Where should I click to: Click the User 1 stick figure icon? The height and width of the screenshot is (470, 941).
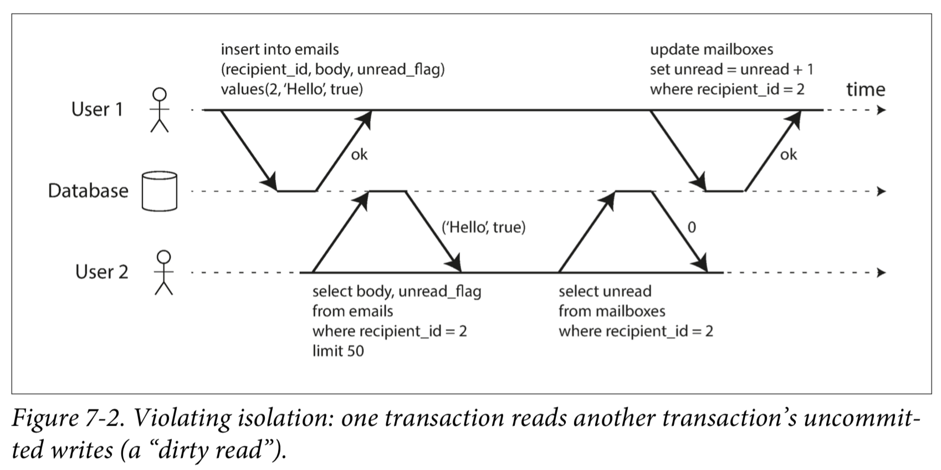click(160, 110)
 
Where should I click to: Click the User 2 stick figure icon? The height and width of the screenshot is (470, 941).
click(164, 273)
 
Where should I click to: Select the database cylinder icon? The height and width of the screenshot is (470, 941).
click(160, 191)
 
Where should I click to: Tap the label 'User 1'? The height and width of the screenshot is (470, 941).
click(97, 109)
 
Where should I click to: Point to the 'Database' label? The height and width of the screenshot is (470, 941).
click(88, 191)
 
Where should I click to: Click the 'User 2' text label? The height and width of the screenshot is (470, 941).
click(101, 272)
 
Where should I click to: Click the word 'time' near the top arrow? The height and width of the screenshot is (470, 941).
click(866, 89)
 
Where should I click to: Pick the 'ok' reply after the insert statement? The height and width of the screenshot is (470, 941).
click(359, 155)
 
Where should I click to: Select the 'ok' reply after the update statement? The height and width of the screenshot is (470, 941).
click(789, 155)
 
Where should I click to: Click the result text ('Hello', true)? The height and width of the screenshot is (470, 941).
click(483, 227)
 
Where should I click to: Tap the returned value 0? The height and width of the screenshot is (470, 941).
click(692, 227)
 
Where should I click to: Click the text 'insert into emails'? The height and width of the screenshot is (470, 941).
click(280, 49)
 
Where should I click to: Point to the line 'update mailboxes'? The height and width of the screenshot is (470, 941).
click(712, 49)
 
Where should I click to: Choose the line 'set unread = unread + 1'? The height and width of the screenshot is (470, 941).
click(732, 69)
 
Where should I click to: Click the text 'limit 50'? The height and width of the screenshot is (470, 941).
click(338, 351)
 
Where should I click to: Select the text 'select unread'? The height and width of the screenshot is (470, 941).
click(605, 291)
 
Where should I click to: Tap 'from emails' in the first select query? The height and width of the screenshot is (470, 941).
click(353, 311)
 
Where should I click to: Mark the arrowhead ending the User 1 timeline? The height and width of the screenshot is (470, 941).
click(881, 110)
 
